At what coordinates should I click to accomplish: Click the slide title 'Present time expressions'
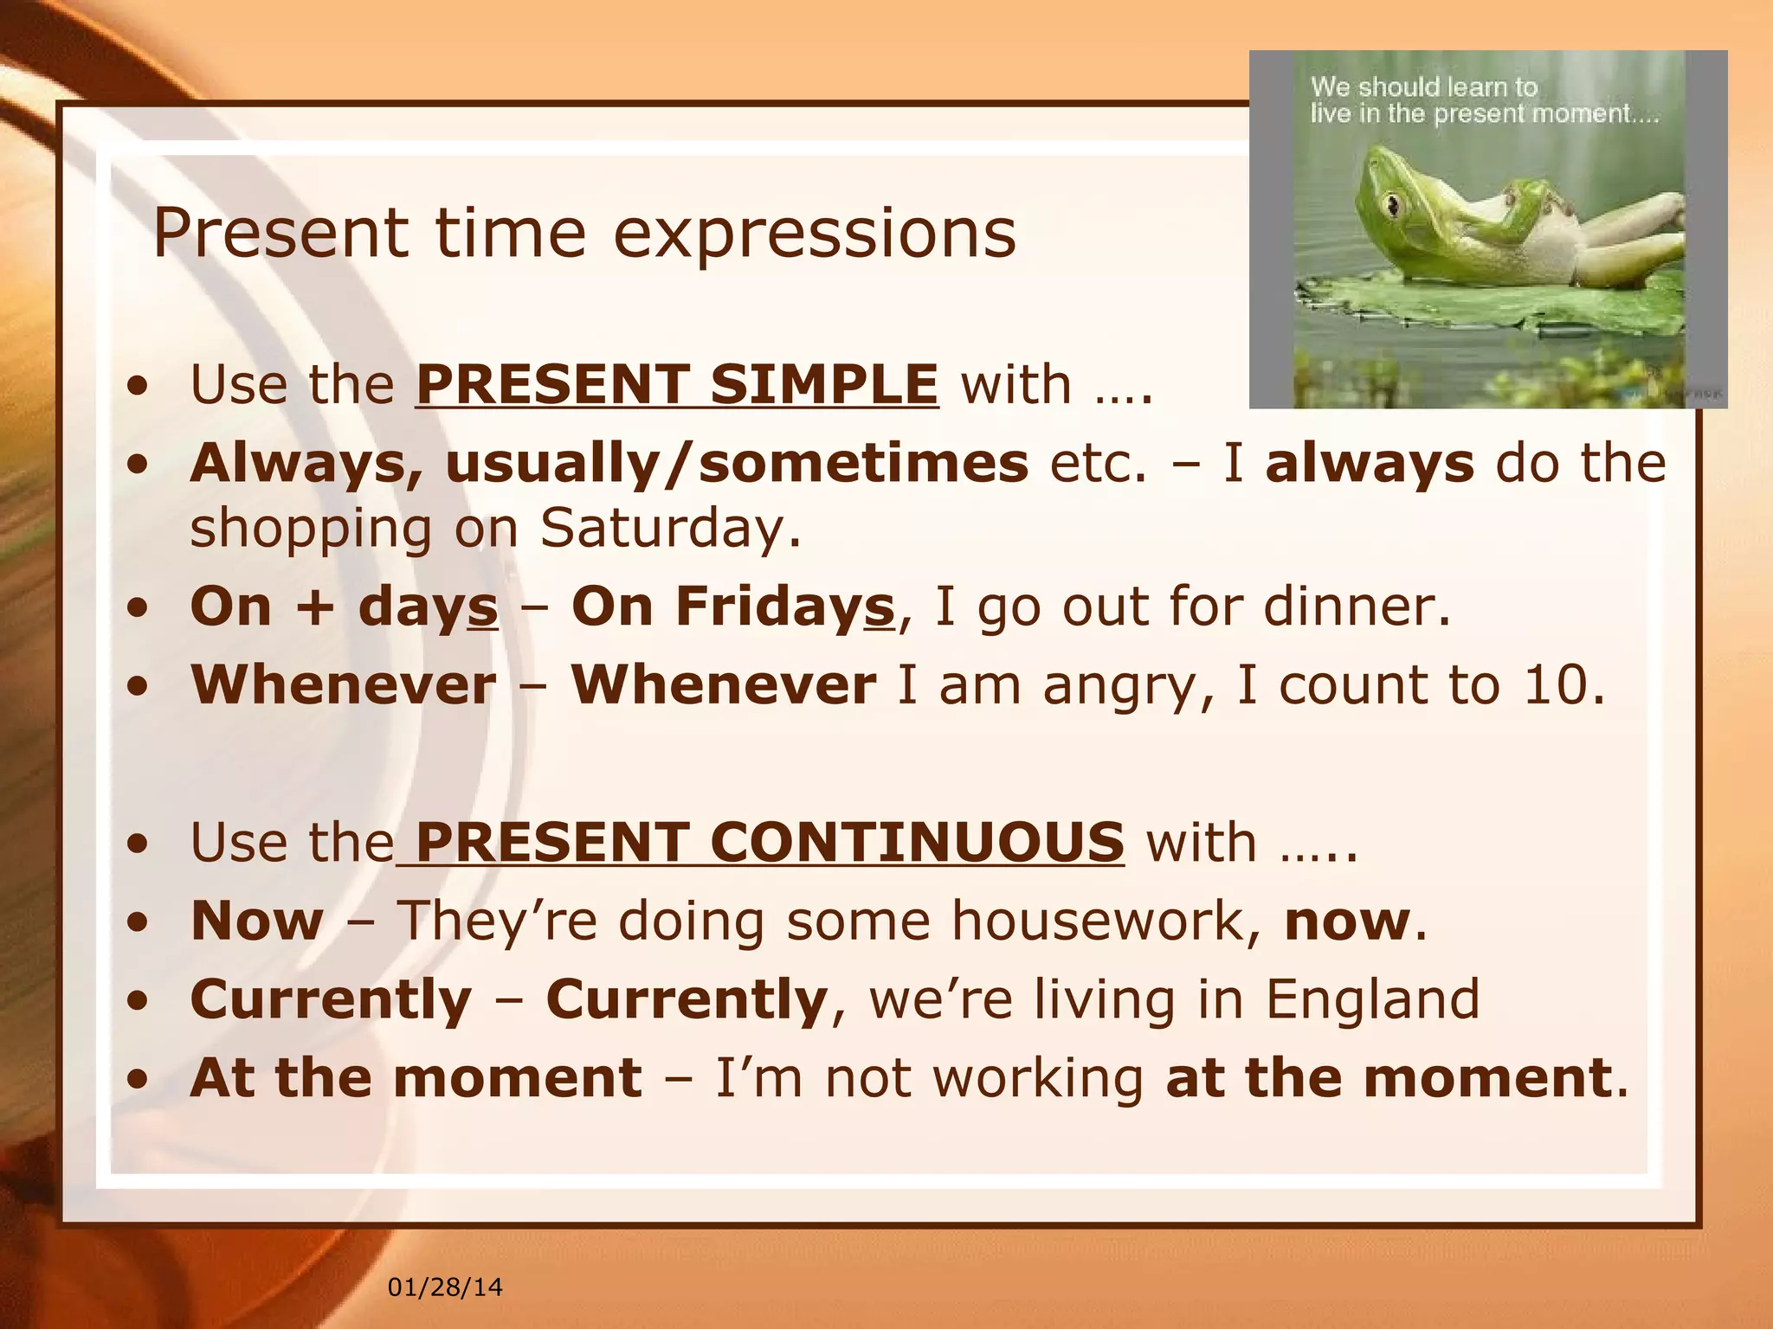point(584,234)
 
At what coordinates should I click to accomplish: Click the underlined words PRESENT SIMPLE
point(677,384)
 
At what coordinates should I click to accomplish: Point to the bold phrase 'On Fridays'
point(732,607)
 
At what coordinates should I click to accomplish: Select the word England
point(1372,1000)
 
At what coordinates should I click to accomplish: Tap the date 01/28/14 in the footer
point(445,1287)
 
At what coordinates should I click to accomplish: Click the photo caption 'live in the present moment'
point(1484,114)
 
